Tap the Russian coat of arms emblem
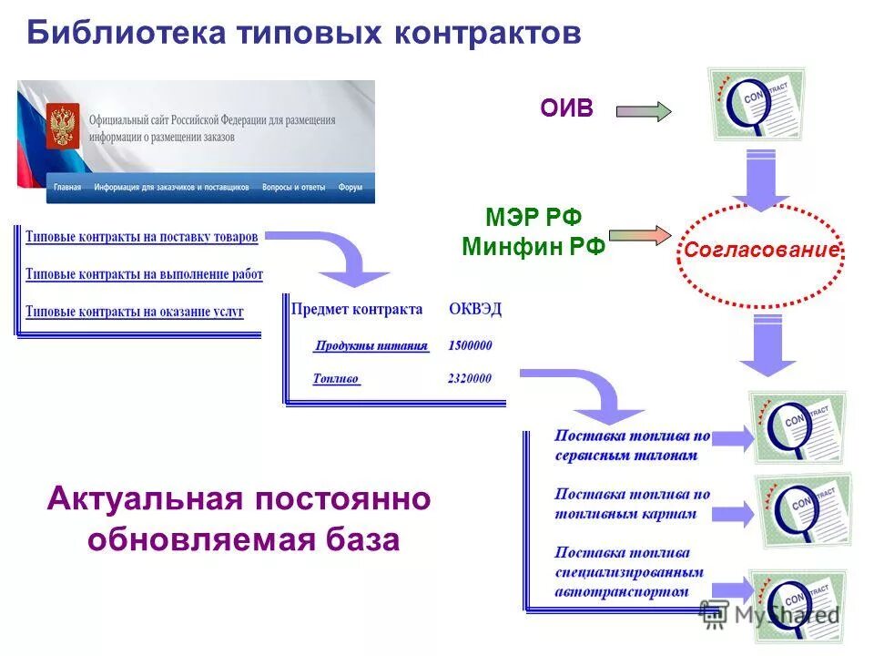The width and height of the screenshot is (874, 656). pyautogui.click(x=63, y=126)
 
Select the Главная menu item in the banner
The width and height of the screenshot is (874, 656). pyautogui.click(x=67, y=188)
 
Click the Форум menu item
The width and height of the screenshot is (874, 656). pyautogui.click(x=351, y=188)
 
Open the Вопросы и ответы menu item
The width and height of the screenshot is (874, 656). pyautogui.click(x=293, y=188)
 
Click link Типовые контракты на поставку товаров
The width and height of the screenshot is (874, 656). pyautogui.click(x=142, y=237)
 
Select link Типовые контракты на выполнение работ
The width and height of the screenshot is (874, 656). pyautogui.click(x=144, y=274)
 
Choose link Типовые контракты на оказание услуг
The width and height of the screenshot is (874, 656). pyautogui.click(x=135, y=312)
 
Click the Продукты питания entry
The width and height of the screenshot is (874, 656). pyautogui.click(x=371, y=346)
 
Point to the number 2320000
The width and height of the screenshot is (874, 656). pyautogui.click(x=470, y=379)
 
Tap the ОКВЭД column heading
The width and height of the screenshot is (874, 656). pyautogui.click(x=475, y=309)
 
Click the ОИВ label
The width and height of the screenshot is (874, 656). pyautogui.click(x=566, y=109)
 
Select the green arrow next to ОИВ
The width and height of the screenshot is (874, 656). pyautogui.click(x=644, y=111)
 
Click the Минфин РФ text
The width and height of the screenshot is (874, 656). pyautogui.click(x=534, y=246)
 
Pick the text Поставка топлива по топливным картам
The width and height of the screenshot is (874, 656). pyautogui.click(x=632, y=504)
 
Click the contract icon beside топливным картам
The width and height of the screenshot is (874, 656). pyautogui.click(x=798, y=510)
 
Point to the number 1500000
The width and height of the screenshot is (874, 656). pyautogui.click(x=470, y=346)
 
